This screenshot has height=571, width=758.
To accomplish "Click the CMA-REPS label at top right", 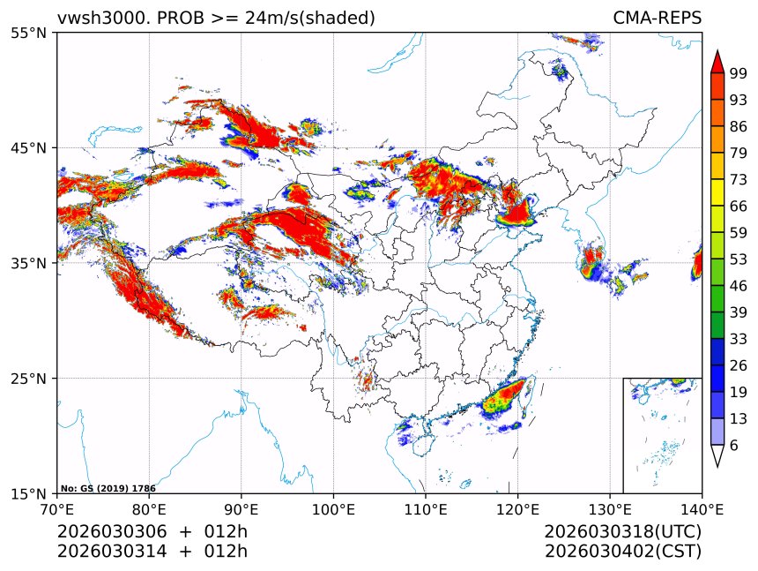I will tap(657, 18).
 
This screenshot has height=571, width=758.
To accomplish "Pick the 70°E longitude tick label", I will tap(57, 509).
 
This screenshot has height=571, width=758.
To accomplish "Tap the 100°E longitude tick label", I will tap(333, 509).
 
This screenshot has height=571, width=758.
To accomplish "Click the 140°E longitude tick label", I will tap(702, 509).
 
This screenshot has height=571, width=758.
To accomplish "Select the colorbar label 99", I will tap(739, 73).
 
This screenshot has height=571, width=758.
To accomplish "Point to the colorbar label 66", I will tap(739, 206).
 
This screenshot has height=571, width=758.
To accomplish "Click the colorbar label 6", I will tap(734, 446).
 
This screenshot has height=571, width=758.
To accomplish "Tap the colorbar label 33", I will tap(739, 339).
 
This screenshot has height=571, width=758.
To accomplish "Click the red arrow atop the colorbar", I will tap(717, 62).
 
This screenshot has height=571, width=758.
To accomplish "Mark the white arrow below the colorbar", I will tap(717, 456).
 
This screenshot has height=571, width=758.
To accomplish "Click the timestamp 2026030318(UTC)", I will tap(622, 532).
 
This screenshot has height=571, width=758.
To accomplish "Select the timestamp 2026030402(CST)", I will tap(622, 552).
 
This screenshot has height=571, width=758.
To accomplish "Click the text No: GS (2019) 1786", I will tap(108, 488).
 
